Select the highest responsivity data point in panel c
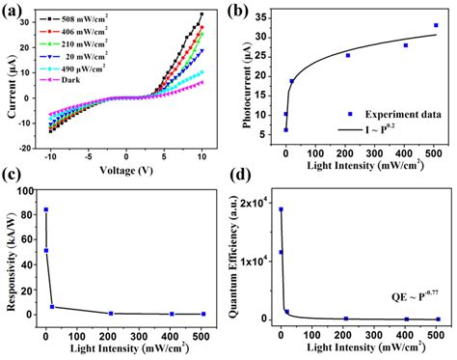(45, 209)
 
